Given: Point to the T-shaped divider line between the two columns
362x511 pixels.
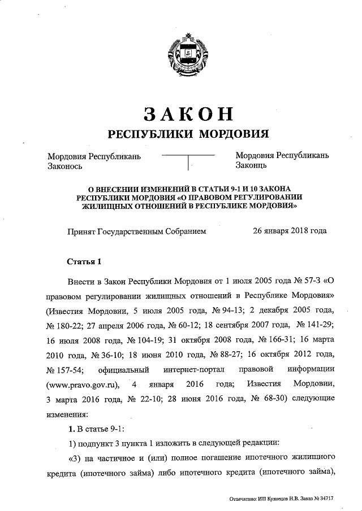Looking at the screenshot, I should (188, 159).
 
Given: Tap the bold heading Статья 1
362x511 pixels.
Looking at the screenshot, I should (84, 262).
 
